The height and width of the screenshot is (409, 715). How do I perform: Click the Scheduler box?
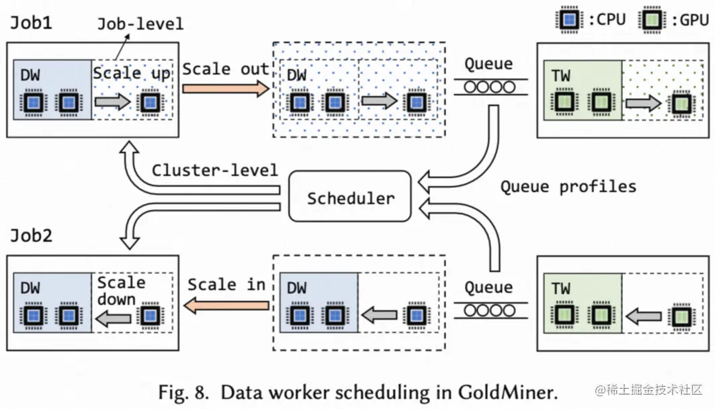(349, 197)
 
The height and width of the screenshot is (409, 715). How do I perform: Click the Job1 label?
(32, 23)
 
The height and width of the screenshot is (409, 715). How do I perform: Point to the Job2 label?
(32, 236)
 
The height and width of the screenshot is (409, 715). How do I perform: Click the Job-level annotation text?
(140, 24)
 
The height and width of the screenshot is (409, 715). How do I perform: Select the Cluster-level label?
(214, 170)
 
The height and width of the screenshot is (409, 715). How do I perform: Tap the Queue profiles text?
(567, 186)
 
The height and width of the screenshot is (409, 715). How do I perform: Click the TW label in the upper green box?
(561, 76)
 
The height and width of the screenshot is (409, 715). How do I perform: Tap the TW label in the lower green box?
(561, 289)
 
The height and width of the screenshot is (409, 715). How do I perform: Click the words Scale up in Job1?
(132, 73)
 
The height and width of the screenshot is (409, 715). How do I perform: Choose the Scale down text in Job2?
(121, 291)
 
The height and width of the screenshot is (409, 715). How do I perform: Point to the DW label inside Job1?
(30, 76)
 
